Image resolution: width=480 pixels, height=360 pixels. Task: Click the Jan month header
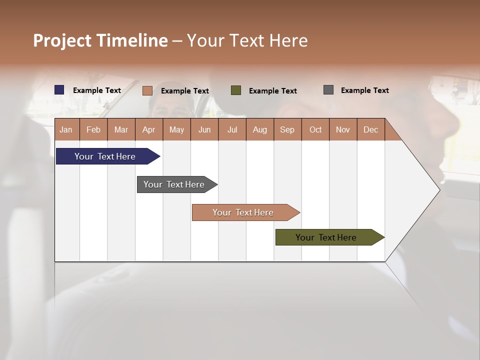click(x=66, y=129)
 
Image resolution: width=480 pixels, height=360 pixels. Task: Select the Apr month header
click(x=148, y=129)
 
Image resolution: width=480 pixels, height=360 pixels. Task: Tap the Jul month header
click(x=232, y=129)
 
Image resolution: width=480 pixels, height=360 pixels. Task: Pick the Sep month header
click(x=287, y=129)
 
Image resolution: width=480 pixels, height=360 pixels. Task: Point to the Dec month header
click(x=370, y=129)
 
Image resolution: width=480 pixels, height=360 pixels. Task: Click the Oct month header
click(x=315, y=129)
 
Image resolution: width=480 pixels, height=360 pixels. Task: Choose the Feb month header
click(x=93, y=129)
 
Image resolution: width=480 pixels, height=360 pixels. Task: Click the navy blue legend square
click(x=59, y=90)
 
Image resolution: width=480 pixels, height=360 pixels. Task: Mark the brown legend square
click(x=147, y=90)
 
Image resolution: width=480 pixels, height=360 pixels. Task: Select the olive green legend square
click(x=236, y=90)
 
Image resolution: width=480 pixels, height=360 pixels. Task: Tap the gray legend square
click(x=328, y=90)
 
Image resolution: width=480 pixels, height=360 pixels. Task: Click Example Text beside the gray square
click(x=364, y=90)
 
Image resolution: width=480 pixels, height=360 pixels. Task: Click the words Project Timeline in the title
click(x=100, y=40)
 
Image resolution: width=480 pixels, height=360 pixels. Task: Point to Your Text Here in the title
click(x=247, y=40)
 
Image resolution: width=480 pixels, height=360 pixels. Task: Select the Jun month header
click(x=204, y=129)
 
